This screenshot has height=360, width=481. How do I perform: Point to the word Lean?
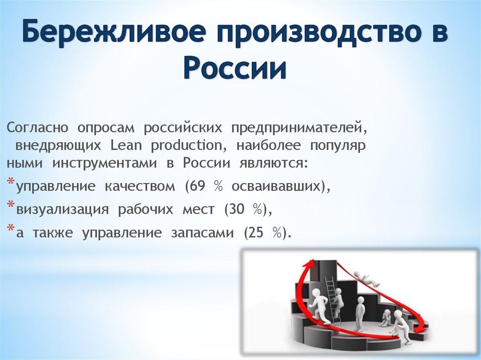point(125,145)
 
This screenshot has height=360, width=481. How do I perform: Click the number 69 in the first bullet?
point(195,186)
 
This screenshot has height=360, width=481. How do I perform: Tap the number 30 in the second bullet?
point(234,209)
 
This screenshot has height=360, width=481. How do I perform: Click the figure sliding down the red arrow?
point(367,279)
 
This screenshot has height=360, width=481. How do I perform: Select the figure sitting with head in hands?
point(386,318)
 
